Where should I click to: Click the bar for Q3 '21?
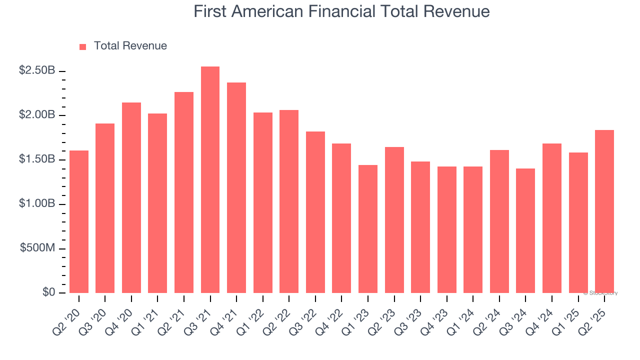[210, 180]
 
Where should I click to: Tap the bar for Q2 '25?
[604, 211]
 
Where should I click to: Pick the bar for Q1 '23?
[368, 229]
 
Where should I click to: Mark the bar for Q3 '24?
[525, 230]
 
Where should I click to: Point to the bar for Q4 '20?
[131, 197]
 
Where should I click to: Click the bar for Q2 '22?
[289, 201]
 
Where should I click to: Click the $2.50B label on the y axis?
[37, 70]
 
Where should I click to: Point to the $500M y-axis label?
[37, 248]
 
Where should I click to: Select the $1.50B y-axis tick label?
[37, 159]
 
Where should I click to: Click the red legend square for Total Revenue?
[83, 46]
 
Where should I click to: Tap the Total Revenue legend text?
[130, 46]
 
